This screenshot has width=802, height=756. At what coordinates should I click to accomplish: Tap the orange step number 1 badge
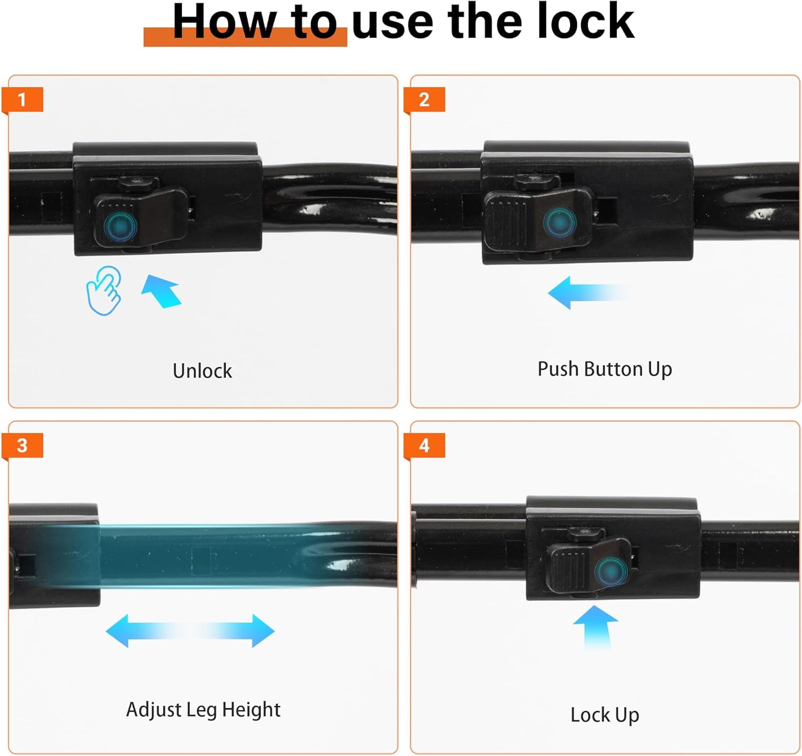(x=22, y=100)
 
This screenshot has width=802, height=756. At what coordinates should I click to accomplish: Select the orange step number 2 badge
(x=424, y=100)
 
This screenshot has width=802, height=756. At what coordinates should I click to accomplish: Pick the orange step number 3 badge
(x=22, y=446)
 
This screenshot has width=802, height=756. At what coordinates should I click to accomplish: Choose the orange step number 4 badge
(x=424, y=446)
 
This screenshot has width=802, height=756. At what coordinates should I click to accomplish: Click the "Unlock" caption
(x=202, y=371)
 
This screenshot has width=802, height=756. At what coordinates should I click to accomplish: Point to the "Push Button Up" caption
(x=605, y=369)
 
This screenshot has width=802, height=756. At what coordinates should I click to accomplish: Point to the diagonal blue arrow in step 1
(x=161, y=291)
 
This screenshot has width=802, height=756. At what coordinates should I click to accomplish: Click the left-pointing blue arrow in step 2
(x=588, y=292)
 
